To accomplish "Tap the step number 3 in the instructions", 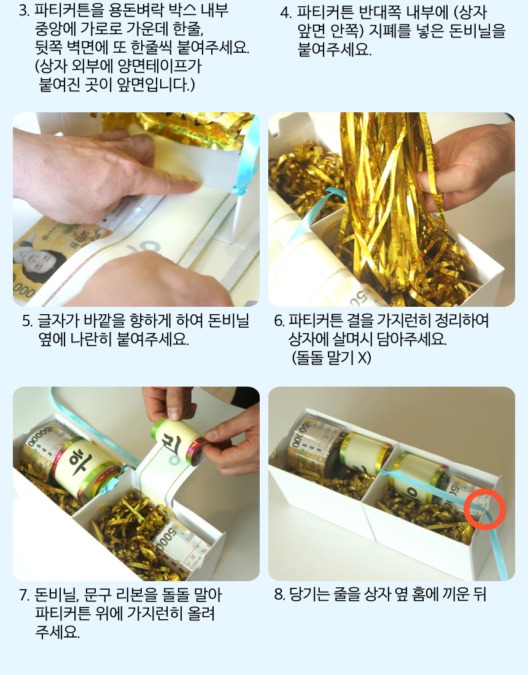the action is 24,11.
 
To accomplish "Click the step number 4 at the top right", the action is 285,13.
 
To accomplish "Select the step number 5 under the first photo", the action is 27,321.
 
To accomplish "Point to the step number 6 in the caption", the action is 279,321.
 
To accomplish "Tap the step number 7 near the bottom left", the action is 24,595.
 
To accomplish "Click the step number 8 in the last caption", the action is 279,595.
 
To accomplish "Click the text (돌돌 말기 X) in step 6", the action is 331,358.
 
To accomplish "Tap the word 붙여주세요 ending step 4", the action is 334,50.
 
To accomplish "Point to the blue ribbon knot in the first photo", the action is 239,189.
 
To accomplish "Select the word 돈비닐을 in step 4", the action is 477,31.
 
